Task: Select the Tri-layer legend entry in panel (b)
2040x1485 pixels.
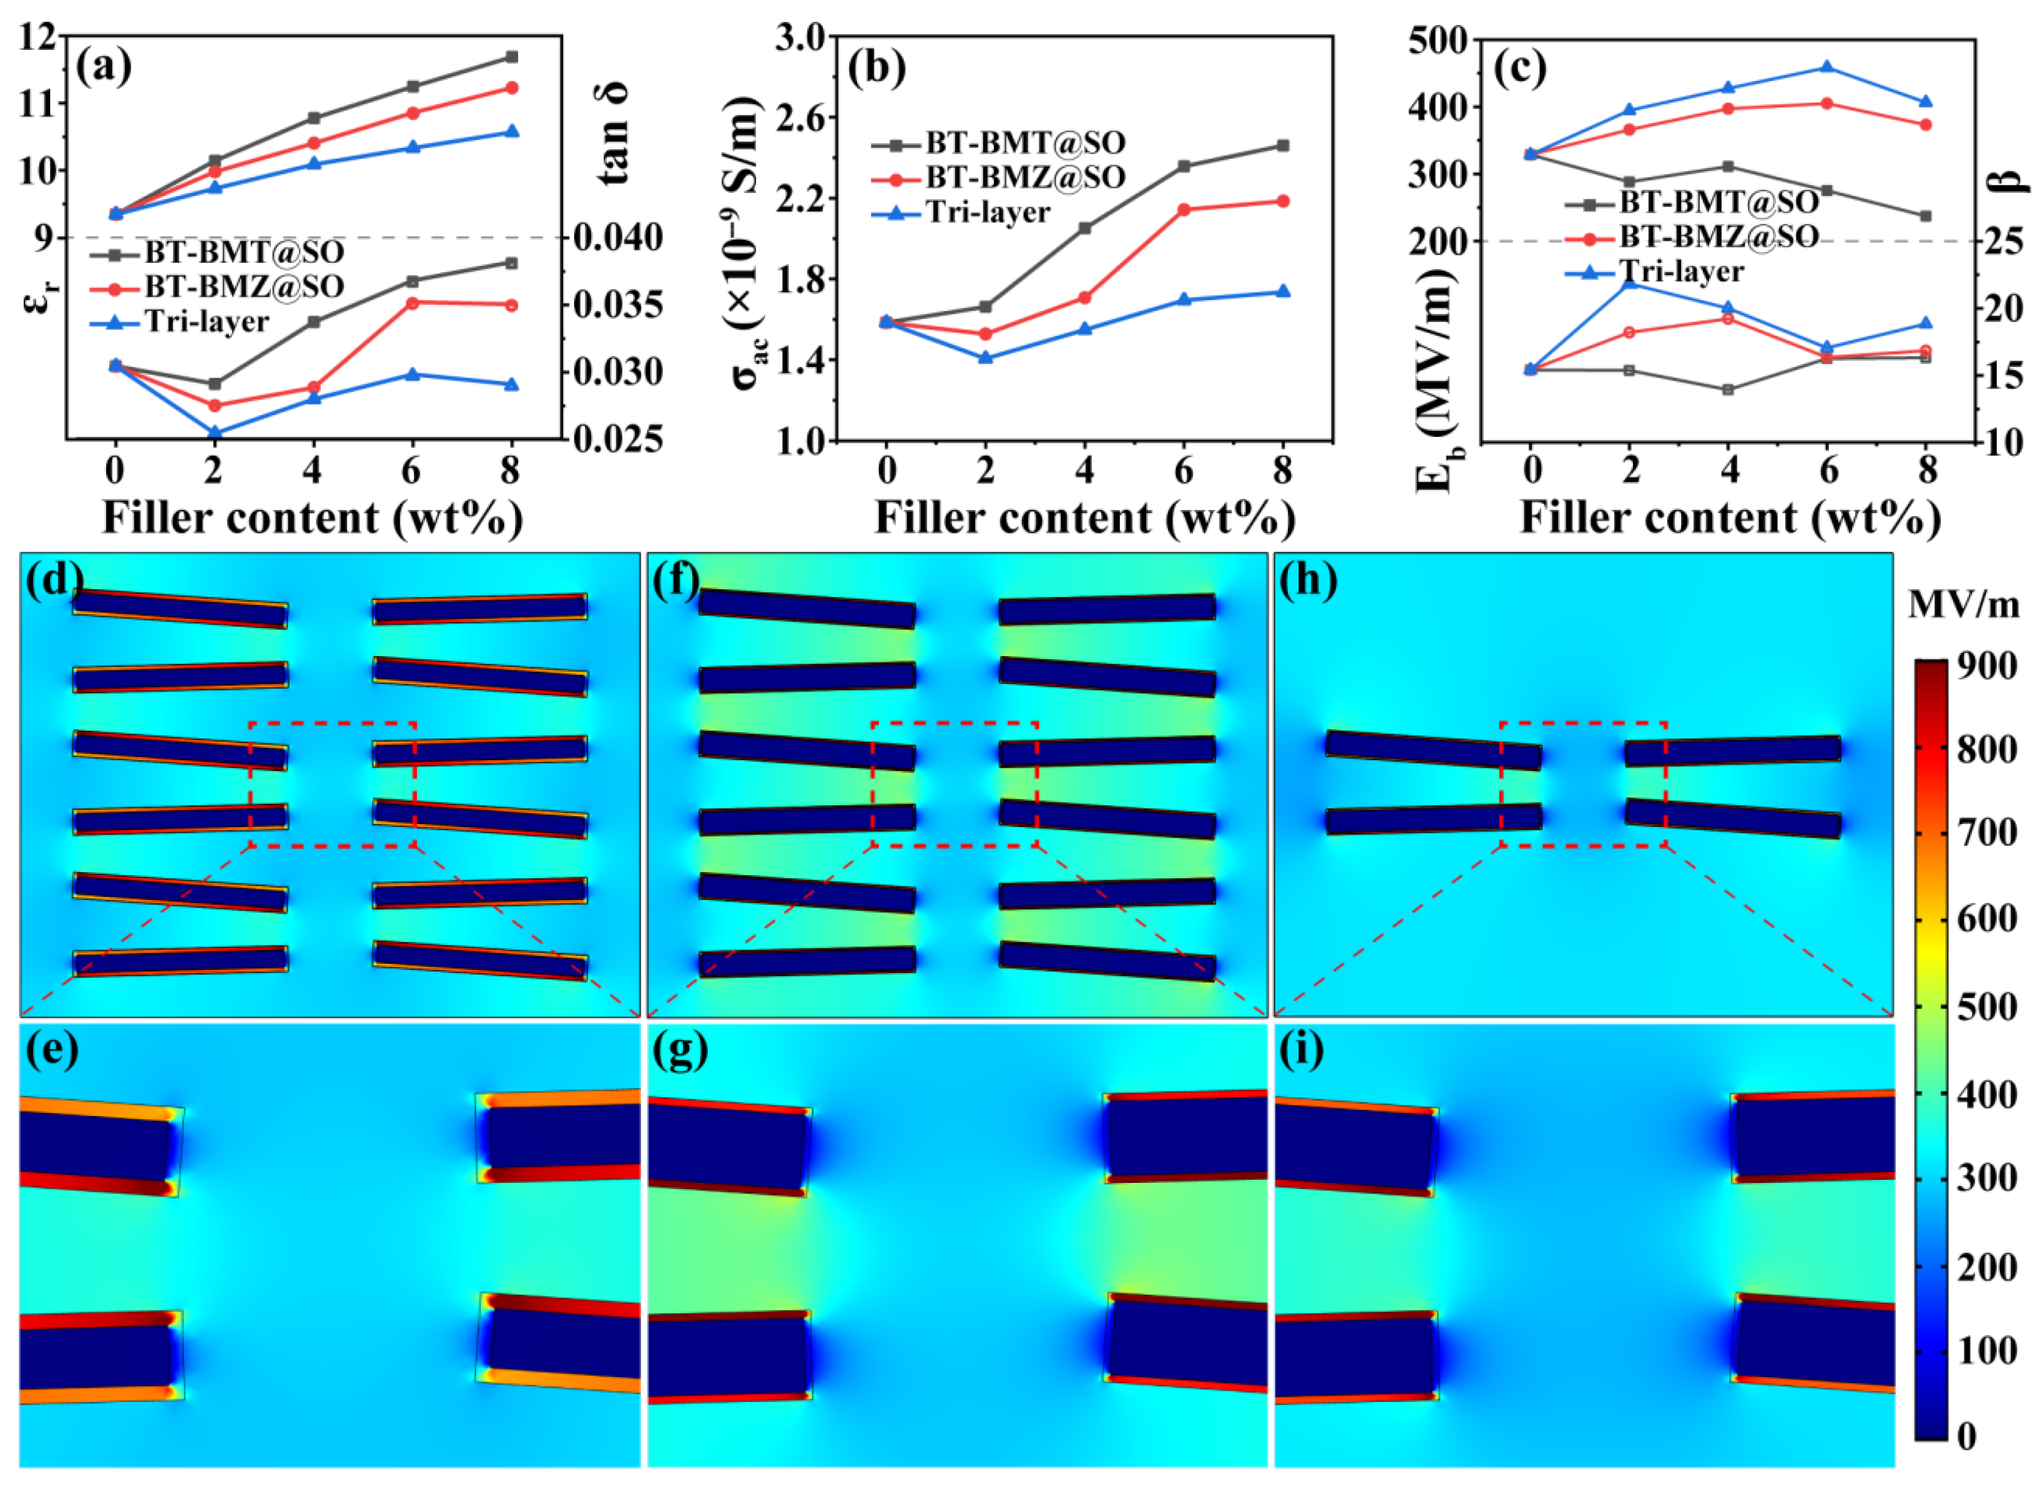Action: pos(988,212)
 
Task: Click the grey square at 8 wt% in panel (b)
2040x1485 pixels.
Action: pos(1283,145)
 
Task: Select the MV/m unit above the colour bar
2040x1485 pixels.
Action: pos(1964,606)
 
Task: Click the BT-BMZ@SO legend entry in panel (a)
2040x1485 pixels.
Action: pos(243,286)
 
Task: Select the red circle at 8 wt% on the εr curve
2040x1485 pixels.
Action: pos(512,88)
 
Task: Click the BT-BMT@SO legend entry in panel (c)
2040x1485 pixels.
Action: pos(1718,202)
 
